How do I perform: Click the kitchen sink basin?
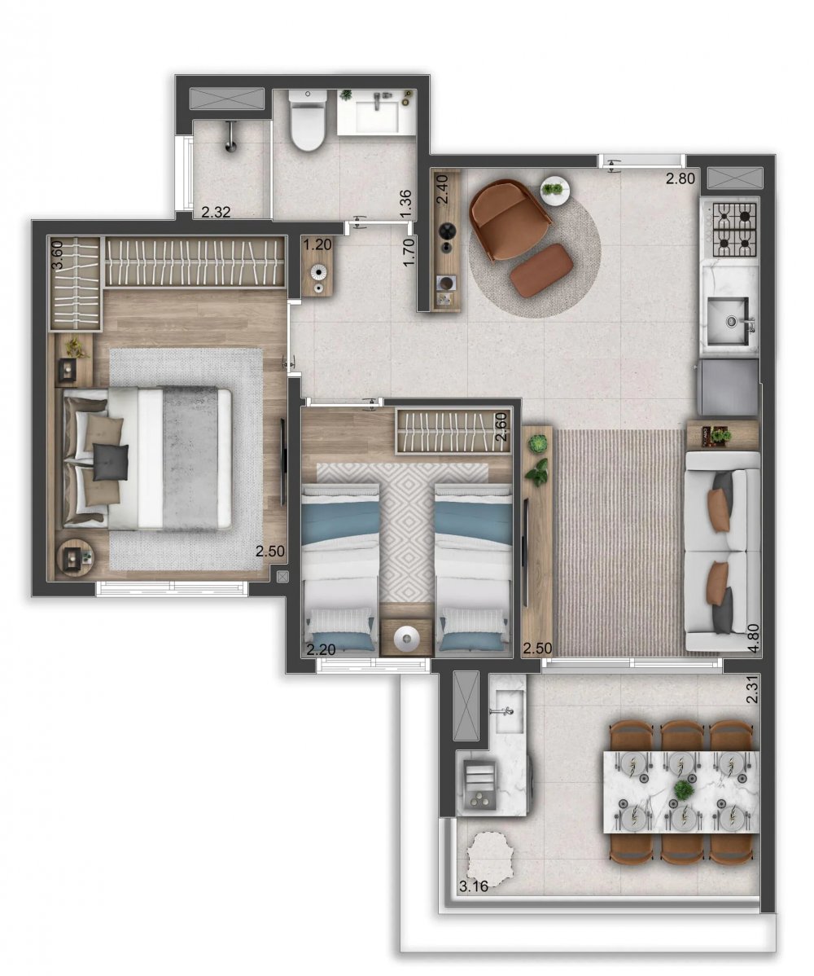(729, 319)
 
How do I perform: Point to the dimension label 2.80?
(680, 178)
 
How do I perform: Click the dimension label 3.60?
(57, 255)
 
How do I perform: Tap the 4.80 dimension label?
(753, 639)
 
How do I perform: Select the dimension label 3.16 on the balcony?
(473, 886)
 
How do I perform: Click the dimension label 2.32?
(216, 212)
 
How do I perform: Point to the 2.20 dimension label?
(321, 650)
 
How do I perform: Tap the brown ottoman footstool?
(541, 268)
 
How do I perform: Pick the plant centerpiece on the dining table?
(684, 790)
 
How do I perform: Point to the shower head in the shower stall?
(230, 136)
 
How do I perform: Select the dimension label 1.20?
(317, 244)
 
